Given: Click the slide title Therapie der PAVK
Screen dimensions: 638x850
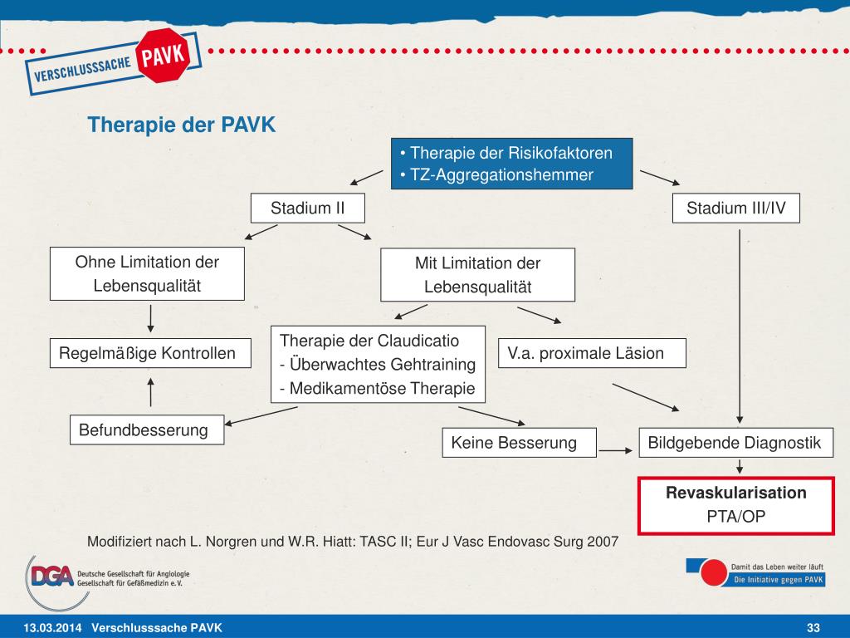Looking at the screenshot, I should click(181, 125).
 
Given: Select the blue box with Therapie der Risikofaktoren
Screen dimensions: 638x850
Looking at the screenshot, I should click(511, 164).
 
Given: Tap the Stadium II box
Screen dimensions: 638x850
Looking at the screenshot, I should click(307, 208).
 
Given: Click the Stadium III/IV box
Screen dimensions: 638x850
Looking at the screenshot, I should click(735, 208).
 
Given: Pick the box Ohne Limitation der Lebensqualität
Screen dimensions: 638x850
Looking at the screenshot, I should click(147, 273).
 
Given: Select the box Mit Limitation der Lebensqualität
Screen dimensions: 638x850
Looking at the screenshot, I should click(477, 274).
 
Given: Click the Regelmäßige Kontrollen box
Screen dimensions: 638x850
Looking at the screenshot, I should click(147, 354).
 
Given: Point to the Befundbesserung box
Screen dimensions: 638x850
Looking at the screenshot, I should click(147, 430).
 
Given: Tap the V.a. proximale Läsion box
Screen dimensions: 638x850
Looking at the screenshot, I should click(592, 353).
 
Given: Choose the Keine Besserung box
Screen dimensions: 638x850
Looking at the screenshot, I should click(519, 443).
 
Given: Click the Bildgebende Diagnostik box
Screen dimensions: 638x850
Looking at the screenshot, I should click(735, 443).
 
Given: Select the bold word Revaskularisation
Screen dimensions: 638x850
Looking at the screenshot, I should click(735, 493).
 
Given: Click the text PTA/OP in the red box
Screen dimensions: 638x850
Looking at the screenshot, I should click(735, 517).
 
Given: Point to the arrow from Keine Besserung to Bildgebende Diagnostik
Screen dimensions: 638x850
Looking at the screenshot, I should click(616, 450).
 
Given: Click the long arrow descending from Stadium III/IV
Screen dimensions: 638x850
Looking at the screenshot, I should click(740, 324).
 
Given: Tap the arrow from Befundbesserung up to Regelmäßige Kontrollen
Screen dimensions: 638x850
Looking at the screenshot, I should click(150, 391).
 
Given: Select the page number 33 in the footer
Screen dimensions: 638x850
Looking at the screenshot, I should click(813, 626).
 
